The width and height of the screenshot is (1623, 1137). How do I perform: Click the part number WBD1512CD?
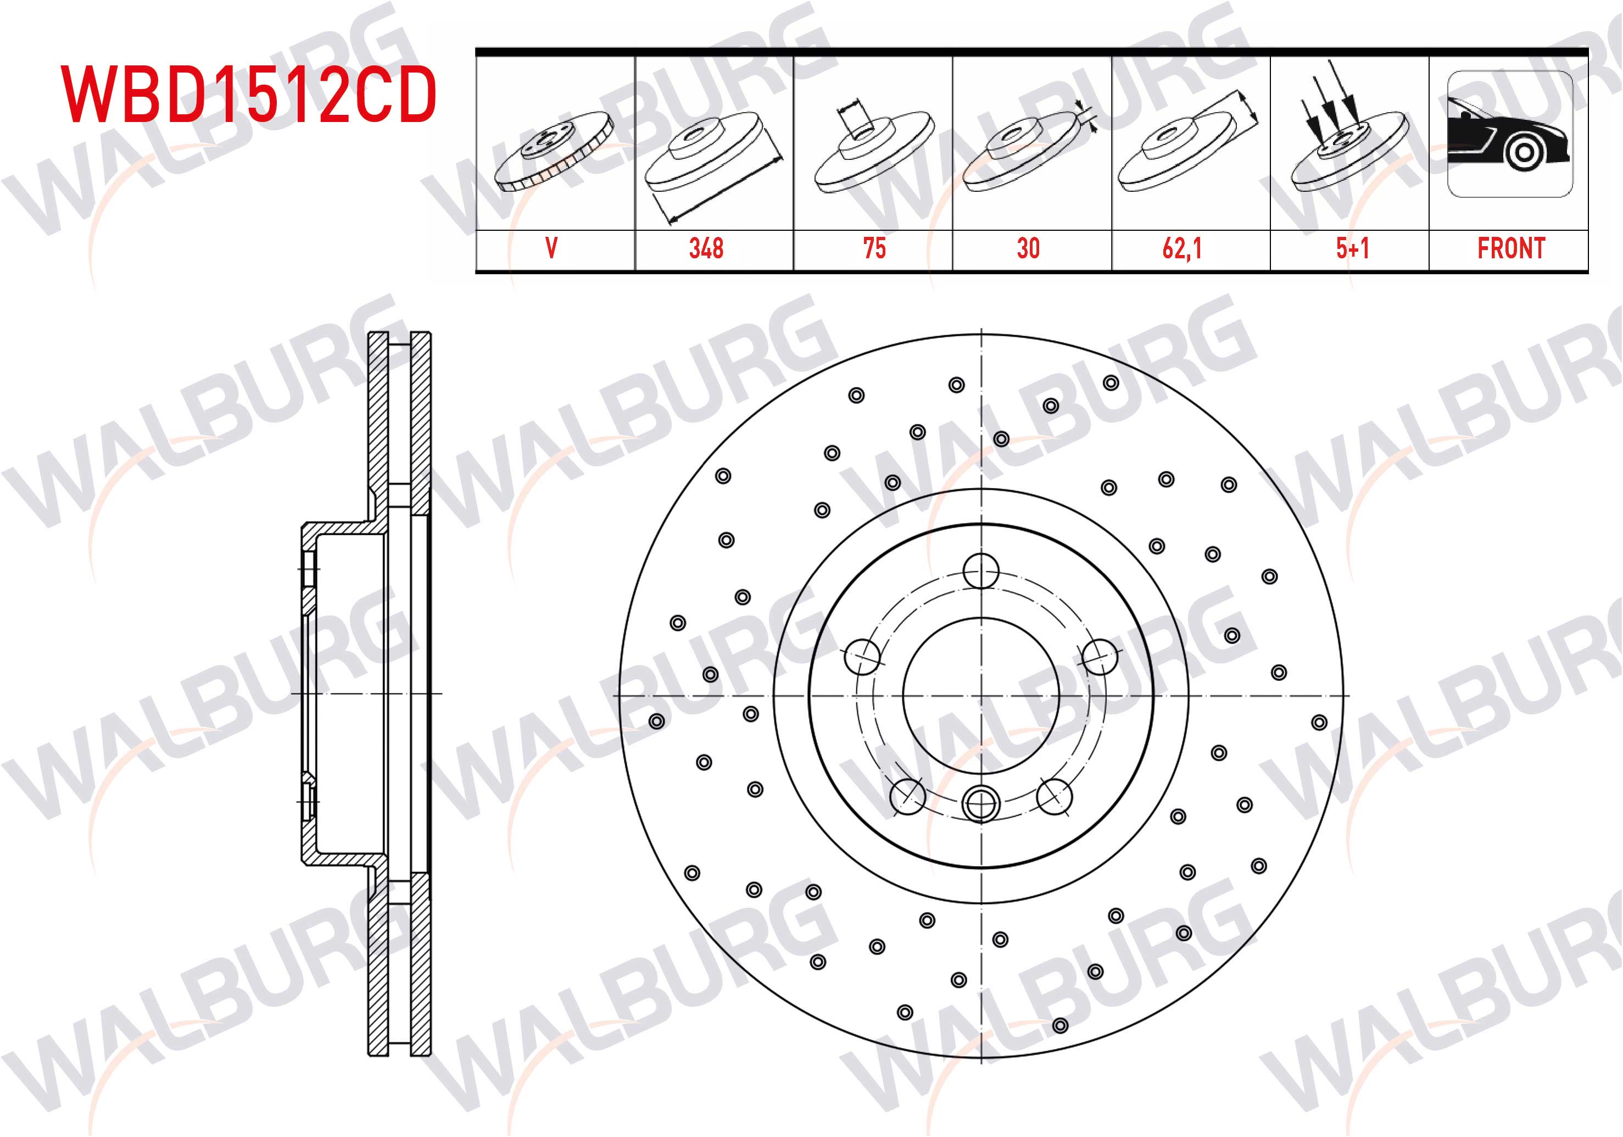click(249, 95)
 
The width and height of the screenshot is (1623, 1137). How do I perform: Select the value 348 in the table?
click(706, 248)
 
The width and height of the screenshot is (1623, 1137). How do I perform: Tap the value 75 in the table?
click(874, 248)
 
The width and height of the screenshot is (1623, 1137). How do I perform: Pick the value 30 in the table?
click(1029, 248)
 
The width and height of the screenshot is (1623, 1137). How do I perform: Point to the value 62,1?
click(1182, 248)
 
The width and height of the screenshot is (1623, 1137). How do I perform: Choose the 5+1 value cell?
click(1352, 248)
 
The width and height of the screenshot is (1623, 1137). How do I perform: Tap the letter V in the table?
click(551, 248)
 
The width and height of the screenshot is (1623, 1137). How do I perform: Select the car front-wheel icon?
click(1510, 134)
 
